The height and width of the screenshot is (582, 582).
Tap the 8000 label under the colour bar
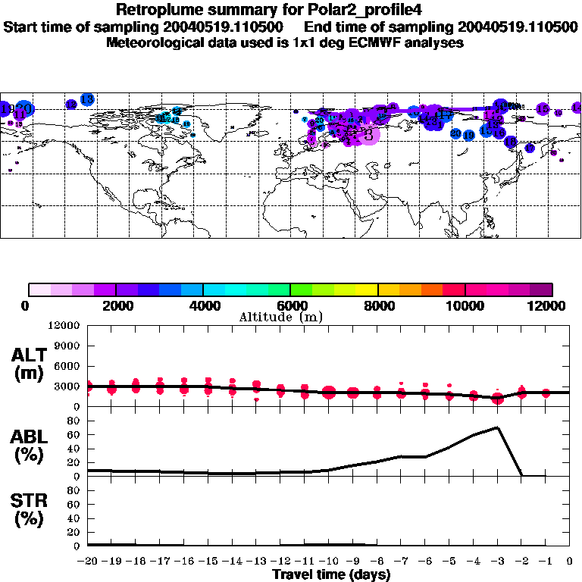coord(377,305)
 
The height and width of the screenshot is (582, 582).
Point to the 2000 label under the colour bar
coord(115,305)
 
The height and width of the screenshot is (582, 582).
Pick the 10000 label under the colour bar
coord(465,305)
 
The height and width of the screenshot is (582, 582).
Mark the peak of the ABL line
coord(497,427)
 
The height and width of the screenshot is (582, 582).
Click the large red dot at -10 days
coord(329,392)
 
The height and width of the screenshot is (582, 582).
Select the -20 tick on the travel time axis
coord(89,562)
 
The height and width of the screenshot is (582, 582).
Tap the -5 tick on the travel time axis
coord(449,562)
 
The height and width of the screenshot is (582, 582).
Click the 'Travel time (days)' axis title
coord(331,574)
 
